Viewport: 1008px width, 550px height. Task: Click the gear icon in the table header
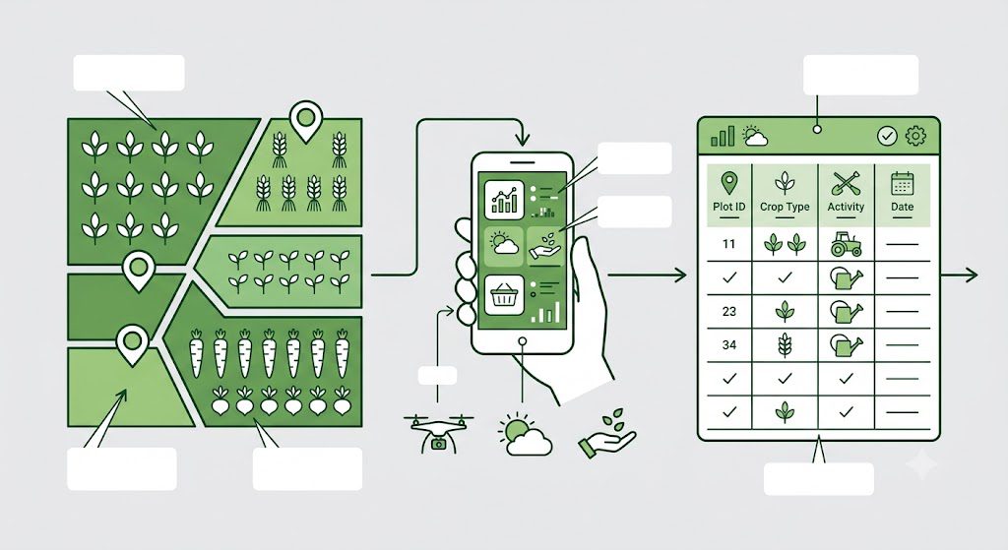915,136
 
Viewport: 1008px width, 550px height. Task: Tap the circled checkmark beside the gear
887,136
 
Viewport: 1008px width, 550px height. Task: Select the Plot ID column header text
729,207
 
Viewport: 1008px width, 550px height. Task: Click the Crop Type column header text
785,207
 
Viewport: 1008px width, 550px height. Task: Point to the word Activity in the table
846,207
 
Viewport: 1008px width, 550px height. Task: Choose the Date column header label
902,207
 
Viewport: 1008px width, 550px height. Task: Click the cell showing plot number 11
729,244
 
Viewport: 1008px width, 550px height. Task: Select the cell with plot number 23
729,312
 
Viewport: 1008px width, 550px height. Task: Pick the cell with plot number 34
729,345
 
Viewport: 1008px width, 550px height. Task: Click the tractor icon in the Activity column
846,244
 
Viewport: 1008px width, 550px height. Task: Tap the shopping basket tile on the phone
504,296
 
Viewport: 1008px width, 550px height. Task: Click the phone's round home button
523,341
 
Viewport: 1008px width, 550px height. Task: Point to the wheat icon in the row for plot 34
785,345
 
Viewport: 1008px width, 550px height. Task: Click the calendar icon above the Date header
902,183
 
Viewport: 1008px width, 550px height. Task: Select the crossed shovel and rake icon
846,183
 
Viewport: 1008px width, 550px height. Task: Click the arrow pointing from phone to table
647,275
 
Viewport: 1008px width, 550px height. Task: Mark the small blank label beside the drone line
437,375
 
